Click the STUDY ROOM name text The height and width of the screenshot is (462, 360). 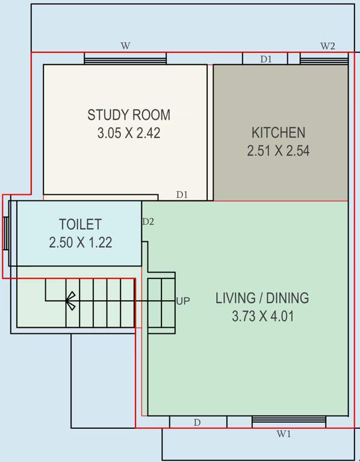pos(129,115)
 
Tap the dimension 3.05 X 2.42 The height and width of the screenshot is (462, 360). pos(129,133)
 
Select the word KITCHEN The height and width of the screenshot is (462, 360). pos(278,132)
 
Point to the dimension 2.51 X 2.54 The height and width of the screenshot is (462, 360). pos(278,151)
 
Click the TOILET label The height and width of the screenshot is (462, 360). pos(80,224)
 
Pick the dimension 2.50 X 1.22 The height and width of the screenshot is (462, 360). pos(80,242)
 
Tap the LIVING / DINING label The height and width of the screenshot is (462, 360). pos(262,298)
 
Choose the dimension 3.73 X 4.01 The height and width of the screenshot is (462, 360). pos(262,316)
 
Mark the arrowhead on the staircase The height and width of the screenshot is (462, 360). pos(70,300)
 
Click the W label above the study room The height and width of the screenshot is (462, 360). pos(125,46)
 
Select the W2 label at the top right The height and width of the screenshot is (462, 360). pos(327,46)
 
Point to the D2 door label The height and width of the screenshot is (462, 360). pos(148,221)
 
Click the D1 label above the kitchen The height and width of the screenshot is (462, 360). pos(266,59)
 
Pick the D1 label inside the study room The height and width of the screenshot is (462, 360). pos(182,194)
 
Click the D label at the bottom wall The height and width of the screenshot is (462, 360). pos(197,423)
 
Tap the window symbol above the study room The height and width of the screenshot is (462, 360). pos(125,58)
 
